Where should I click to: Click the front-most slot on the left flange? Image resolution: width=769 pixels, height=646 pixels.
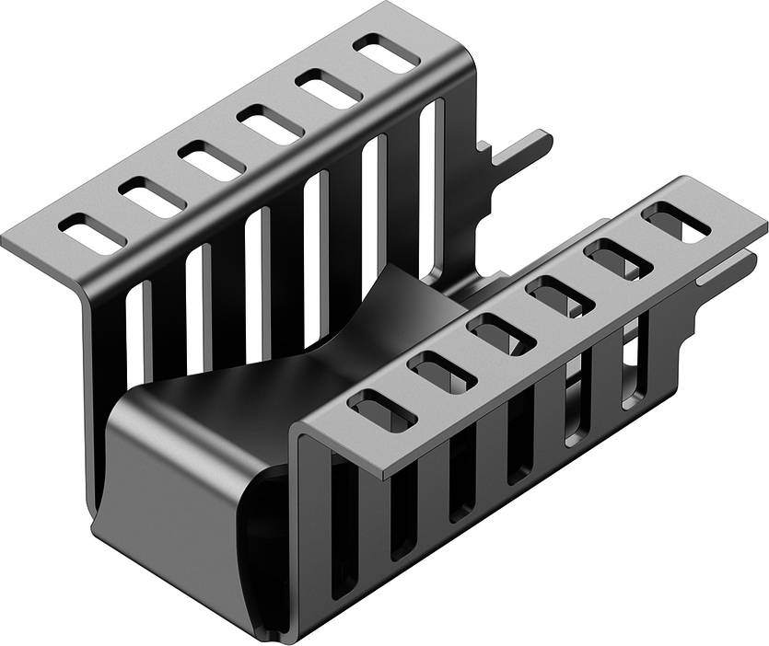(92, 233)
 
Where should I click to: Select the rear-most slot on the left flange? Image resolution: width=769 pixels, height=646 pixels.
(386, 54)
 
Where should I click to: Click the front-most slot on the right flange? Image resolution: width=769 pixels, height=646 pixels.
(371, 410)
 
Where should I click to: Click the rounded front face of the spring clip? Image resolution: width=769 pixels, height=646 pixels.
(175, 479)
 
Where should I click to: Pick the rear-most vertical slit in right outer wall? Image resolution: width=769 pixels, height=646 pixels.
(634, 368)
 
